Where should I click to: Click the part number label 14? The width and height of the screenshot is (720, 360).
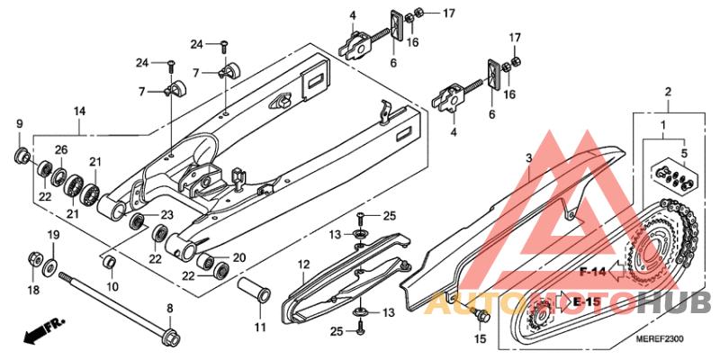pos(79,112)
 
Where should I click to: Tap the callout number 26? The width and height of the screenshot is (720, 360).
pos(61,149)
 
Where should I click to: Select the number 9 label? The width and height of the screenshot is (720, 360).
pos(19,123)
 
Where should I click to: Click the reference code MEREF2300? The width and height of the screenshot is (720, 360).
pos(660,339)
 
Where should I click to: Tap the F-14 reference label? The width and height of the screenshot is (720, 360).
pos(594,273)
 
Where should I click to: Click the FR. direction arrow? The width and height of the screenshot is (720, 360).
pos(45,329)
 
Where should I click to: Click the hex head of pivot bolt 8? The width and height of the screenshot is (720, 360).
pos(170,337)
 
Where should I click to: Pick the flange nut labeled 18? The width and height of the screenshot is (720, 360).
pos(34,257)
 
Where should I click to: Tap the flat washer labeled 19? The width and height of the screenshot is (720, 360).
pos(49,266)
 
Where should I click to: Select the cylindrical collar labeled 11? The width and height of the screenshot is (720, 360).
pos(254,289)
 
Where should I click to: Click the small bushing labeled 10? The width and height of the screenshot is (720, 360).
pos(109,264)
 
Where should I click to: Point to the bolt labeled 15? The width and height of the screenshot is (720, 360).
pos(481,315)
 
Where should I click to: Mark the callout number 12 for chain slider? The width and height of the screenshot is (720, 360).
pos(303,265)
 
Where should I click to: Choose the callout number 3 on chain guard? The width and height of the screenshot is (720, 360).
pos(528,158)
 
